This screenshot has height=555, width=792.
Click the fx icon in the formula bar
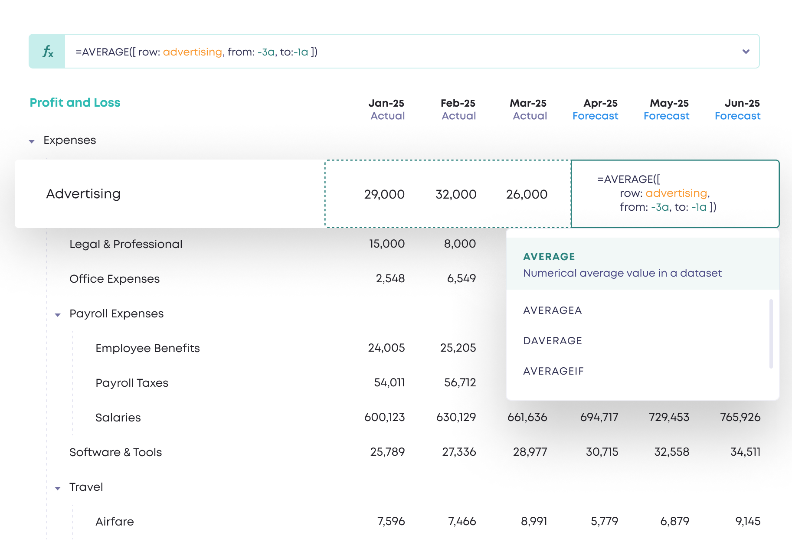click(47, 52)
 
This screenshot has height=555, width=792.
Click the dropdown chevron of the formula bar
click(746, 52)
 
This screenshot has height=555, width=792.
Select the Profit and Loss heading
click(75, 103)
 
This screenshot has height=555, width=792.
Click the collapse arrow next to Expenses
click(32, 141)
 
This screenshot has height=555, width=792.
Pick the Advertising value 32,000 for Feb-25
click(455, 194)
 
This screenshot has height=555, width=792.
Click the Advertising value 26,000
click(527, 194)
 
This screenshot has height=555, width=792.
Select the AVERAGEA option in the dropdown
click(552, 310)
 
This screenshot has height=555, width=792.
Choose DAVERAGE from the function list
click(553, 341)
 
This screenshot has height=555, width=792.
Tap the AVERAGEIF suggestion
click(553, 371)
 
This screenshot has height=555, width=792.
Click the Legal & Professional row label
click(126, 244)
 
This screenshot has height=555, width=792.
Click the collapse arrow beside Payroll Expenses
click(58, 315)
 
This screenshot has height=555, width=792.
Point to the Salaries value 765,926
click(740, 417)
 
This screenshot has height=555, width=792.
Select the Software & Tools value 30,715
click(602, 452)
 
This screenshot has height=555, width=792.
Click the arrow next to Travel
click(58, 488)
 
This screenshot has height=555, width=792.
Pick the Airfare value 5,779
click(604, 521)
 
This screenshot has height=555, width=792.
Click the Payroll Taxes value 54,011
click(389, 382)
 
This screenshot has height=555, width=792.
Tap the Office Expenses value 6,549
click(461, 278)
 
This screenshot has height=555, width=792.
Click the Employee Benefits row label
click(147, 348)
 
